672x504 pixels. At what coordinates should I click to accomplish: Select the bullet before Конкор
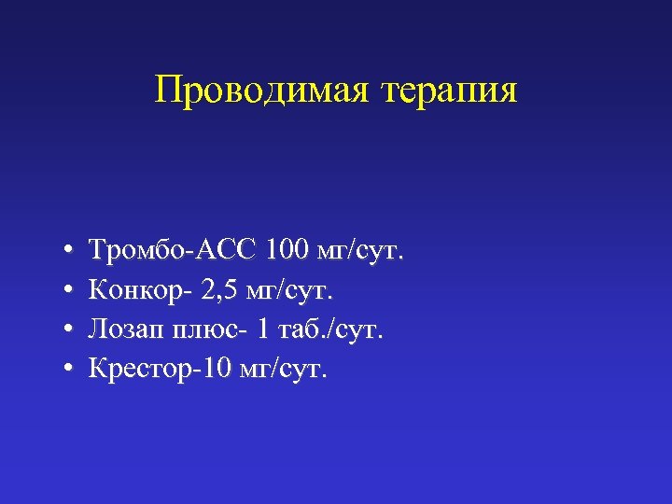click(x=69, y=292)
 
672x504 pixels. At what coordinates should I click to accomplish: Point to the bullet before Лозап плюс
click(x=69, y=332)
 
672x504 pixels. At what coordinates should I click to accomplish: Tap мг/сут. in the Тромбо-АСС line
click(x=360, y=251)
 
